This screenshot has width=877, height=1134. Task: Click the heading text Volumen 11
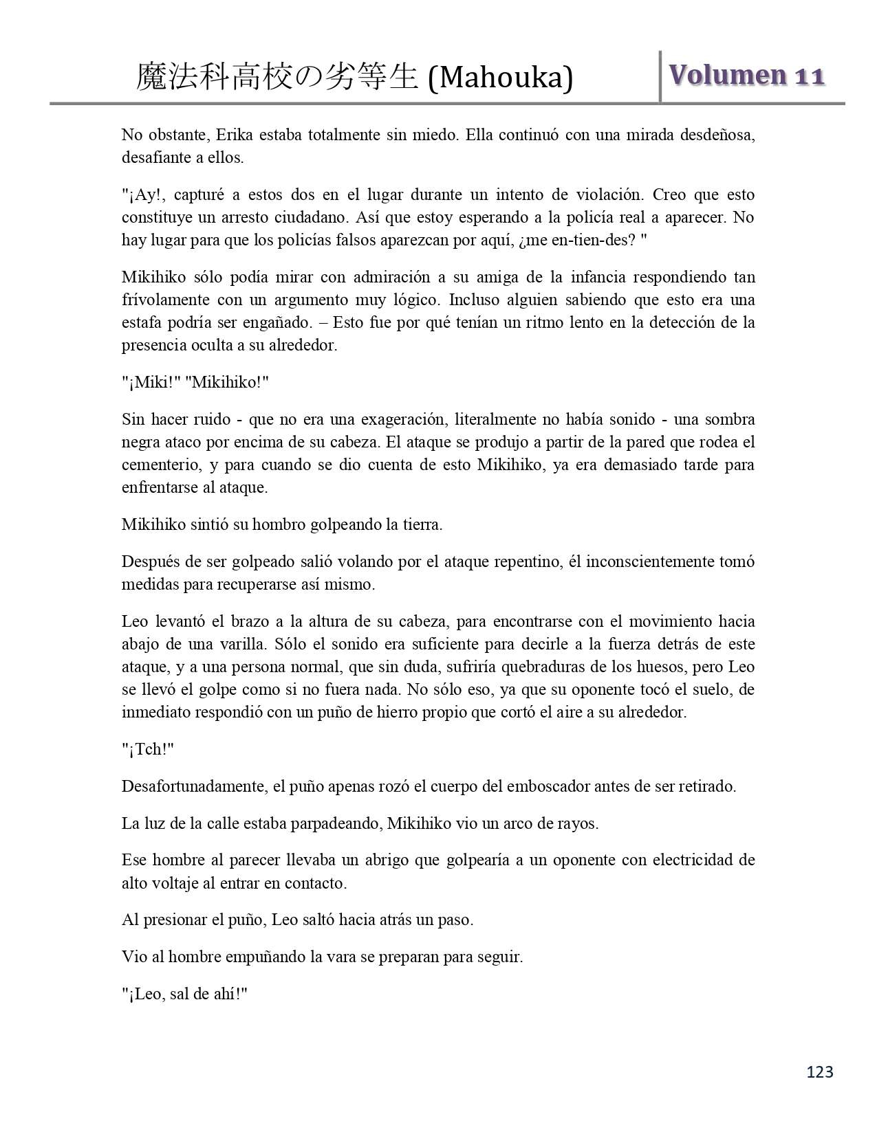[x=747, y=76]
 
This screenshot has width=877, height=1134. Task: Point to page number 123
[x=819, y=1071]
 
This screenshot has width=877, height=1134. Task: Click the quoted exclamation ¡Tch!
[x=147, y=749]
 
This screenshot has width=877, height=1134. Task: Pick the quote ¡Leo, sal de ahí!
[x=184, y=994]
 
